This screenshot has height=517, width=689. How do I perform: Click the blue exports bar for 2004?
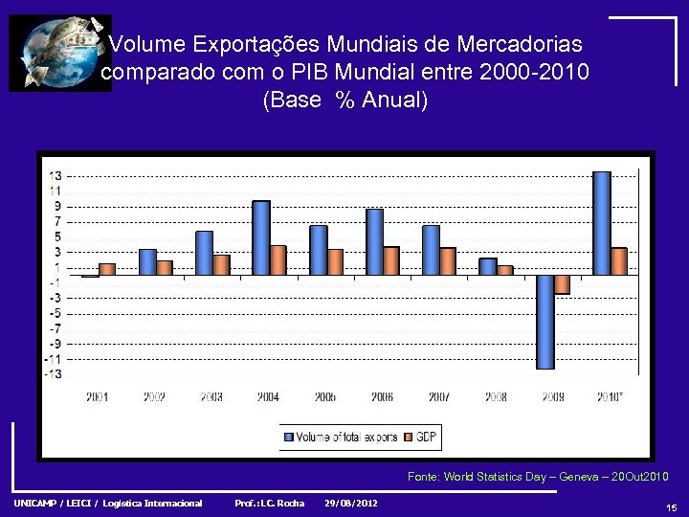click(261, 237)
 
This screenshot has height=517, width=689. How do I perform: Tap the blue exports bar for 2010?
click(602, 223)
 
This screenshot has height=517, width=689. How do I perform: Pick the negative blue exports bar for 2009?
click(545, 322)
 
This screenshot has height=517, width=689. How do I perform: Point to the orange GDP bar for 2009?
click(563, 284)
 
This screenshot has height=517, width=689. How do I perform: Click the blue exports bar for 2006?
click(374, 242)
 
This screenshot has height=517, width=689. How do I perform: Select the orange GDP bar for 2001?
click(107, 269)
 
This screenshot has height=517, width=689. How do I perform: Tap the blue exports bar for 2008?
click(488, 266)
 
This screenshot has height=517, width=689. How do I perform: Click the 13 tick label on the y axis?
click(56, 175)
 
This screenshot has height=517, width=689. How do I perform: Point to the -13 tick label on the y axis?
click(55, 374)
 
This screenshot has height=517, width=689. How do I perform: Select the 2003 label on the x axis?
click(211, 396)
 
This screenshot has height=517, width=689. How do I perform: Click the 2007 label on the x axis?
click(438, 396)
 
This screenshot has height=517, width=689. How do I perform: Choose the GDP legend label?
click(426, 438)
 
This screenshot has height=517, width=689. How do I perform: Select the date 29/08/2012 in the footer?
click(351, 504)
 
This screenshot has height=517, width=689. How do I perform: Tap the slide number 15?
click(671, 508)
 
